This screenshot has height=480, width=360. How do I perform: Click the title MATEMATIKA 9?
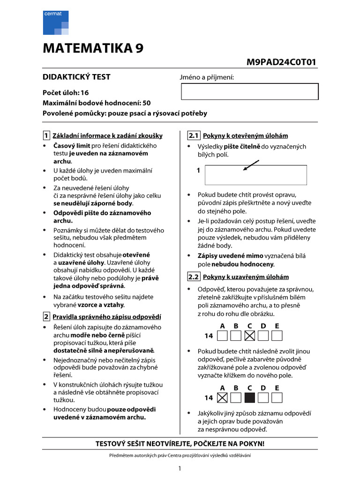coord(93,49)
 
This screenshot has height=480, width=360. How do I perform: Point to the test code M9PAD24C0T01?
coord(281,62)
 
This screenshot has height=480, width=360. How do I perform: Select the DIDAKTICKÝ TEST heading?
coord(77,77)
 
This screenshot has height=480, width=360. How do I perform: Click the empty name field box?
coord(249,91)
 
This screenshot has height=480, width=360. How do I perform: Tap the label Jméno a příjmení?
coord(206,77)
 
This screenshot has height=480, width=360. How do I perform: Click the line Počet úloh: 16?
coord(66,93)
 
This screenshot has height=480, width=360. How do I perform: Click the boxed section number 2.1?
coord(194,136)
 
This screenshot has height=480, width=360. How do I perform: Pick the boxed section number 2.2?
coord(194,277)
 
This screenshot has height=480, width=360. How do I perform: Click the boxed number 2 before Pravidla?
coord(46,316)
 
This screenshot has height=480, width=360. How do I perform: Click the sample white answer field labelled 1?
coord(256,175)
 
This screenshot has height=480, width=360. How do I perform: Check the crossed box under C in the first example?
coord(250,336)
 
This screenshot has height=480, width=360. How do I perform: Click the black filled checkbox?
coord(250,398)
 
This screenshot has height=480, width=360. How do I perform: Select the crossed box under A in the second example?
coord(223,398)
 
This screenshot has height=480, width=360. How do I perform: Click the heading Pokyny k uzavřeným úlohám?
coord(246,277)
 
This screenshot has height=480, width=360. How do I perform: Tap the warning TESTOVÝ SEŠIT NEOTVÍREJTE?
coord(180,443)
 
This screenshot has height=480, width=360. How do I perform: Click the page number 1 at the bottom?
coord(180,468)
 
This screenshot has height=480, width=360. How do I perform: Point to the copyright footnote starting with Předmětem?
coord(180,455)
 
